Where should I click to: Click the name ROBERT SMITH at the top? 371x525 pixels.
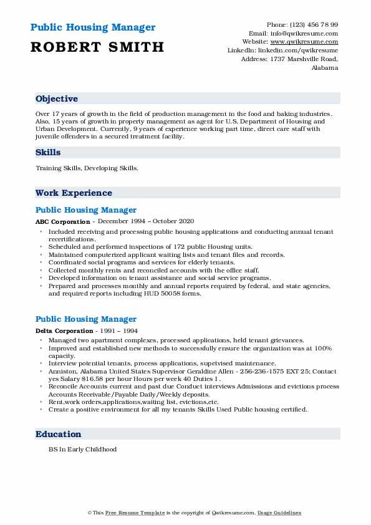point(97,47)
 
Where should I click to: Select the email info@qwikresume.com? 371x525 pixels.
point(304,33)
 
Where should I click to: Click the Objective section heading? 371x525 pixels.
point(57,99)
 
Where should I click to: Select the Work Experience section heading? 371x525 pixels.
point(74,193)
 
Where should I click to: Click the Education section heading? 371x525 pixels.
point(58,434)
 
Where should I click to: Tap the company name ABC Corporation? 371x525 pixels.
point(62,221)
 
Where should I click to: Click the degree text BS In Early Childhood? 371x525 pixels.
point(82,449)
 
